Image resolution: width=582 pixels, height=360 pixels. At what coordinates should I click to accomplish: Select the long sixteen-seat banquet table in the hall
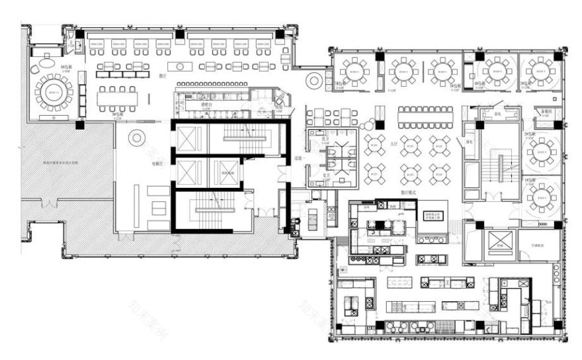click(426, 116)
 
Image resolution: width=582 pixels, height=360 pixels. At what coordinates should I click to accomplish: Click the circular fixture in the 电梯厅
click(137, 138)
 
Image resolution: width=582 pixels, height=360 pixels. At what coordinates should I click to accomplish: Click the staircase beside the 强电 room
click(500, 165)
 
